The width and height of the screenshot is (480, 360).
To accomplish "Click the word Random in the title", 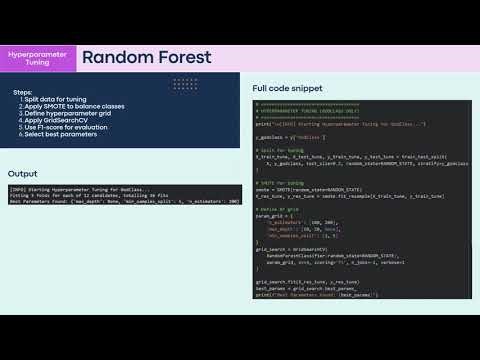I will coord(117,57).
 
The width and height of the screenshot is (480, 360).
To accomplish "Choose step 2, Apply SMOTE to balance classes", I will coord(66,107).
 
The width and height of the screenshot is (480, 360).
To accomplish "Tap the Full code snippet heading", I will coord(287,88).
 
